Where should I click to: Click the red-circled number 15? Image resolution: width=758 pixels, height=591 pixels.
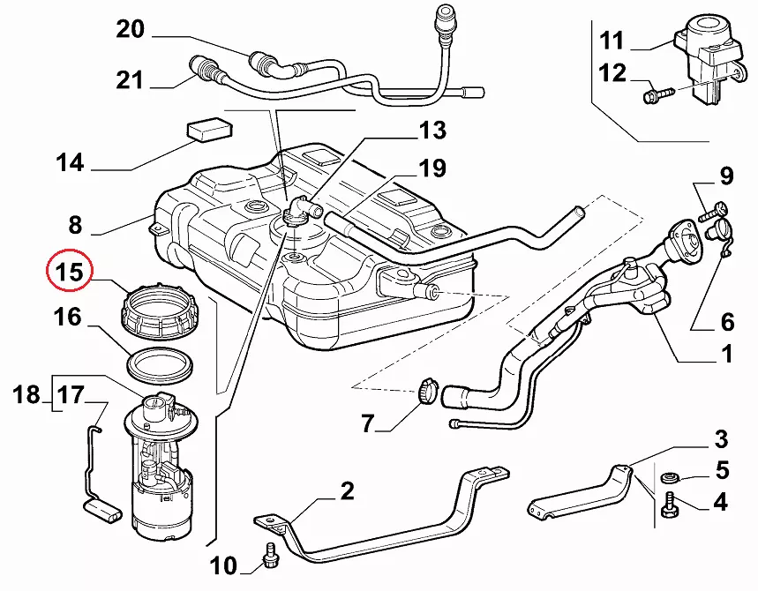(69, 272)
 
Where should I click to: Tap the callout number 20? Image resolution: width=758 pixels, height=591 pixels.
(130, 29)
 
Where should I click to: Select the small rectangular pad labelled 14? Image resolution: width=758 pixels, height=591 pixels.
(209, 129)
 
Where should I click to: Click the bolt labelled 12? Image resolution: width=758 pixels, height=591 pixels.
(658, 94)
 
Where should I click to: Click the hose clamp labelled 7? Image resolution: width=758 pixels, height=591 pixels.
(427, 390)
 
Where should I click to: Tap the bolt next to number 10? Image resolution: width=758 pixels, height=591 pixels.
(270, 556)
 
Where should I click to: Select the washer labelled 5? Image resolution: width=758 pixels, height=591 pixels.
(668, 478)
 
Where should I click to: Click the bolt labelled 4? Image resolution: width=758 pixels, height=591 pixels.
(669, 505)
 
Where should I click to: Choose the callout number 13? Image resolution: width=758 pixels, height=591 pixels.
(432, 131)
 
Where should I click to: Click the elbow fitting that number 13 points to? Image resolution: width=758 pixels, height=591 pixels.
(301, 212)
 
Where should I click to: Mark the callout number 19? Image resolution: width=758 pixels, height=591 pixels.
(432, 168)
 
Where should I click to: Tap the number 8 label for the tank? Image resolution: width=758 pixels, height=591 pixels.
(75, 225)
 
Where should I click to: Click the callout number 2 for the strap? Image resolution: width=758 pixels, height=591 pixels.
(347, 491)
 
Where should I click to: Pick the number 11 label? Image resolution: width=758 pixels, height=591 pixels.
(612, 41)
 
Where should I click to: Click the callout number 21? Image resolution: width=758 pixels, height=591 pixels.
(130, 80)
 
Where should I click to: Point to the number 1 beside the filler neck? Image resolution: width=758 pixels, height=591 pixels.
(726, 355)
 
